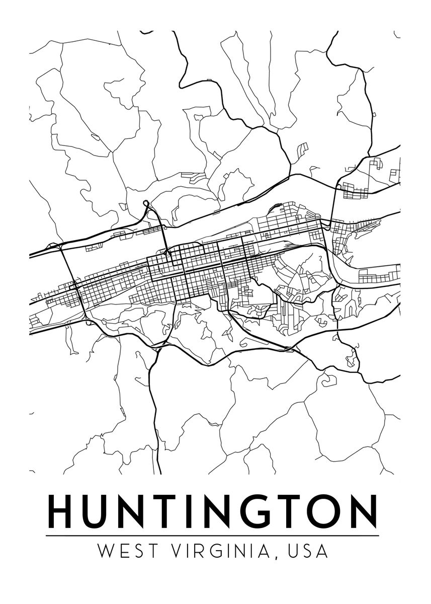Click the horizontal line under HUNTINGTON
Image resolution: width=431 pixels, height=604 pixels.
tap(212, 536)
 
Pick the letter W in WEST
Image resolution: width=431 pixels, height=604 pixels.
tap(106, 551)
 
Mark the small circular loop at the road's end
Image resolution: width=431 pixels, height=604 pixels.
tap(146, 203)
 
